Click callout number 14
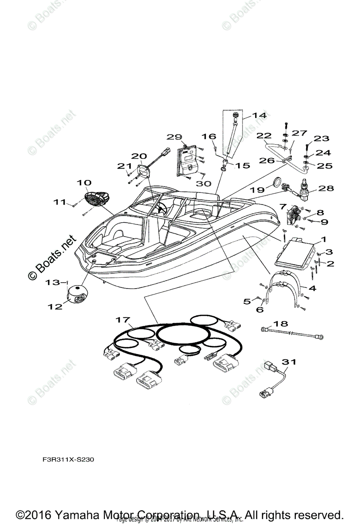pos(259,116)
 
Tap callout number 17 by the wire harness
pos(123,320)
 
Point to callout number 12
pos(55,307)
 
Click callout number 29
pos(174,137)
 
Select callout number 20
pos(139,156)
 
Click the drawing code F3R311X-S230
pos(68,460)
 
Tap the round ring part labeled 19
pos(277,182)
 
